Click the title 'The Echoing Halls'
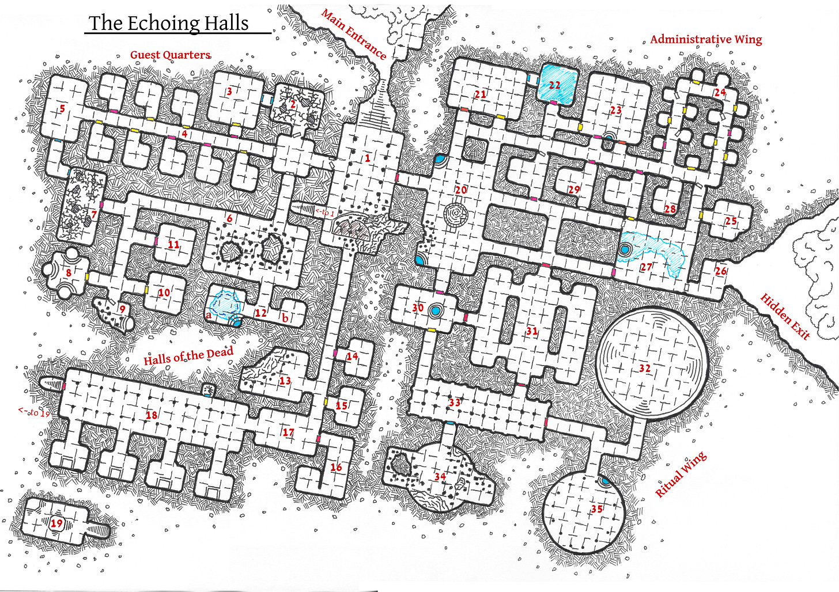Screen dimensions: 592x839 169,23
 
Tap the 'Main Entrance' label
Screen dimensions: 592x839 354,34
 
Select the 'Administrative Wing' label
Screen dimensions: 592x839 706,39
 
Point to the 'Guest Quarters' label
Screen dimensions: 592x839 170,55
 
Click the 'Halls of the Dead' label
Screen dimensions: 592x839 188,356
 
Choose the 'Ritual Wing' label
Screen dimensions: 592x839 681,475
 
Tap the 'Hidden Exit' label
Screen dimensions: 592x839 785,316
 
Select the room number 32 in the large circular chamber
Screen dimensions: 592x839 645,368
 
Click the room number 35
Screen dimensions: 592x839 596,509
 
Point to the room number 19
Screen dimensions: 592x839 56,523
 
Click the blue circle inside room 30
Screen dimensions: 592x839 436,311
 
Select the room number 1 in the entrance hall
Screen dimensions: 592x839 368,158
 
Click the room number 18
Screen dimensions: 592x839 152,415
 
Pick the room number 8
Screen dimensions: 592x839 69,272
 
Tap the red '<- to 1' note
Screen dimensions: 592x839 324,212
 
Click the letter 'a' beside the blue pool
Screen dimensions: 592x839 209,315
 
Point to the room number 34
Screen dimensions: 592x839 440,476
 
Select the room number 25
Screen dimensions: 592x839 731,221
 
